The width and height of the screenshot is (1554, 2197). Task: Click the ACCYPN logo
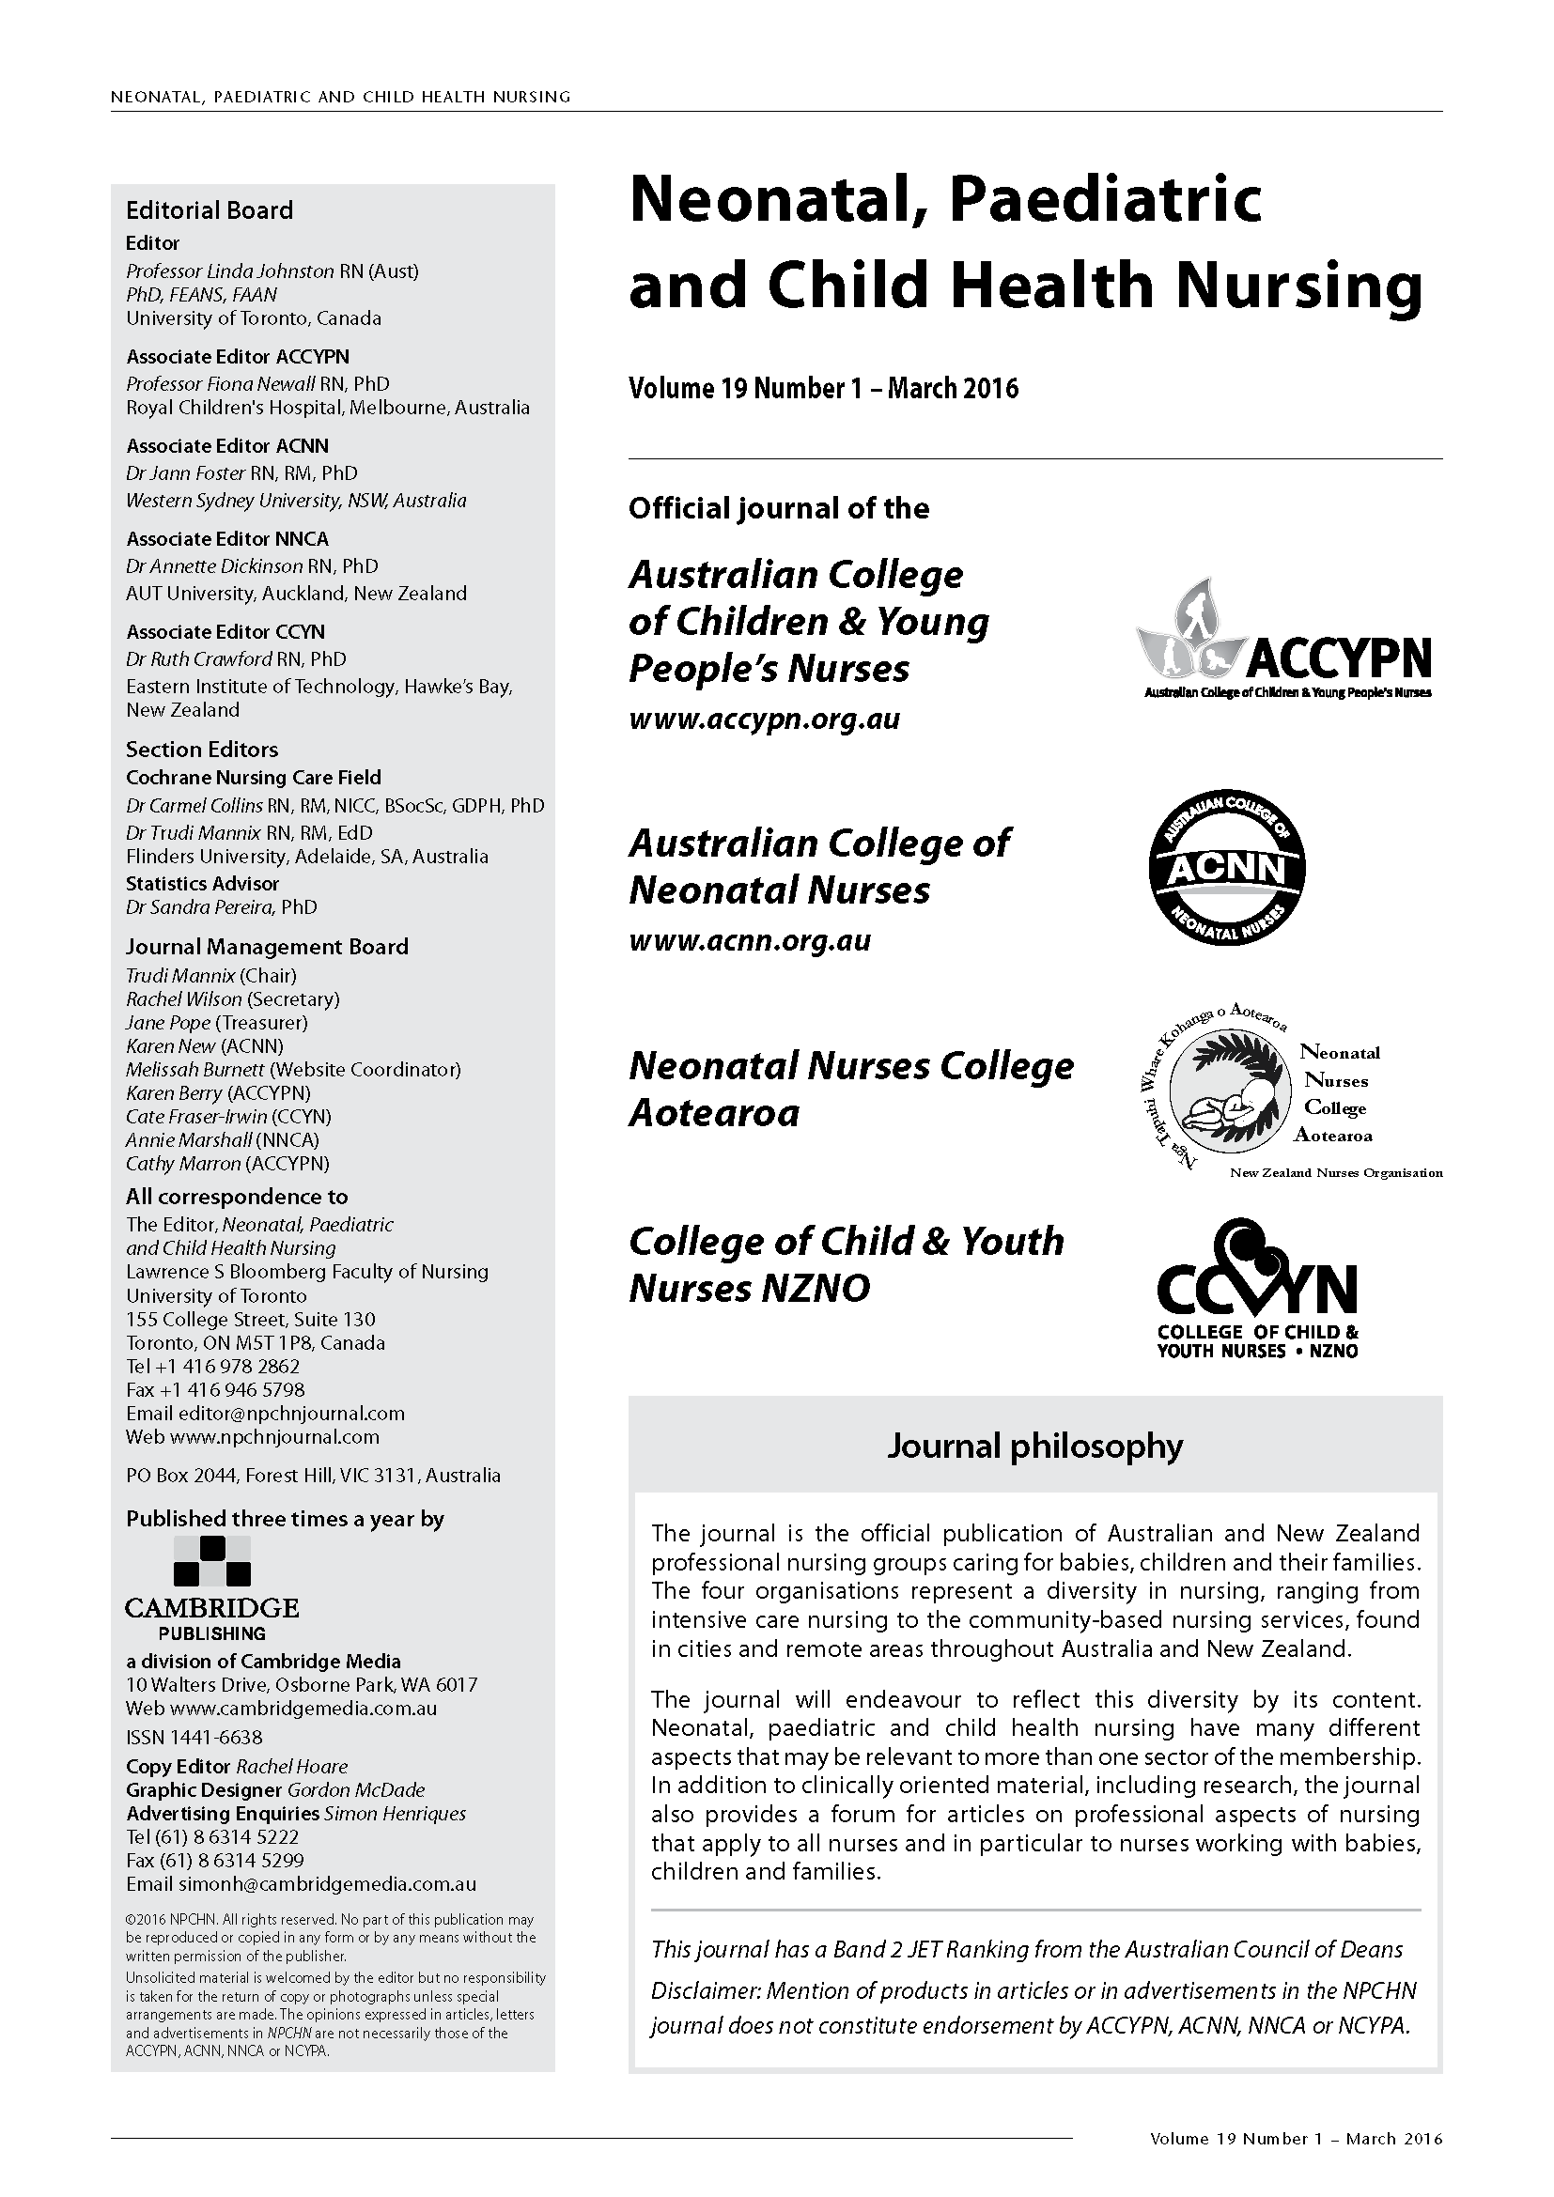coord(1283,640)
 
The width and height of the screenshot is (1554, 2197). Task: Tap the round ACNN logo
coord(1227,869)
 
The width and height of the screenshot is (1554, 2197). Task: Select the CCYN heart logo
coord(1256,1287)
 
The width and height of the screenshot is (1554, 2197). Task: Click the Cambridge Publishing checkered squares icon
coord(211,1561)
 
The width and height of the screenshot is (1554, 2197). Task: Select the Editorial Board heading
coord(210,210)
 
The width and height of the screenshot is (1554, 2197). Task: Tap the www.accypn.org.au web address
coord(764,719)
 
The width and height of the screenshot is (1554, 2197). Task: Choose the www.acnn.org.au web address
coord(749,939)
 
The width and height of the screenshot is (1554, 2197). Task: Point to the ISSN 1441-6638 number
coord(194,1737)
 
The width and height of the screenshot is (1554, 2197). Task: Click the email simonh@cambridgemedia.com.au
coord(327,1884)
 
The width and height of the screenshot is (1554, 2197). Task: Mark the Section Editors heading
coord(202,750)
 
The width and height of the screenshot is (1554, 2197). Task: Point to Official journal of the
coord(778,508)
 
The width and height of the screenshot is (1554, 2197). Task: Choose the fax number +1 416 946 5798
coord(228,1389)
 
